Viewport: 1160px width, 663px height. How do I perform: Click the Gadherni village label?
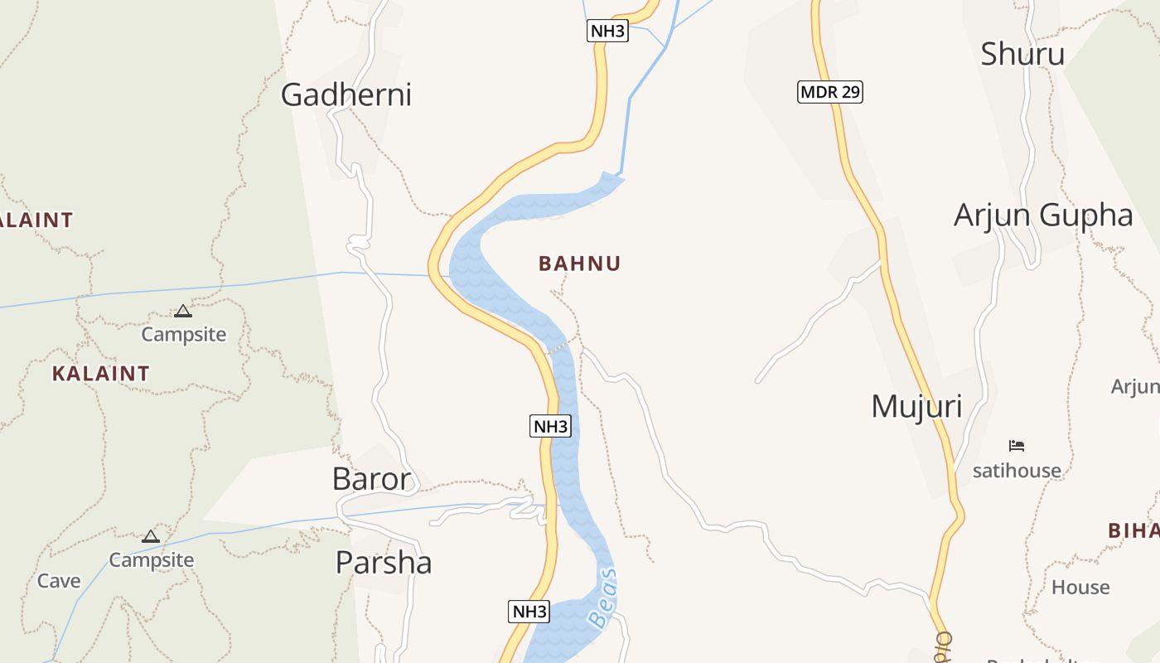[346, 94]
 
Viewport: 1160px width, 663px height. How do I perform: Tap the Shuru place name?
[1022, 54]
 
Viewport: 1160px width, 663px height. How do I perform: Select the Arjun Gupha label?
[1042, 215]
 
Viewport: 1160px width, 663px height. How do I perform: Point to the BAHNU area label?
[579, 264]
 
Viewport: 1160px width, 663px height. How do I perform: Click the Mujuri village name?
[916, 407]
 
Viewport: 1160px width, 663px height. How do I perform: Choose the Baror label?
[371, 479]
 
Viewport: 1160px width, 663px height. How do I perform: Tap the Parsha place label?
[383, 563]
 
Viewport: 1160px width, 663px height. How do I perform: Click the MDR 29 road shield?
[829, 92]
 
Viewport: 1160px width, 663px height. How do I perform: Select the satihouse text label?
[1017, 471]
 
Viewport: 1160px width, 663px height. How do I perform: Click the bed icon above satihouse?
[1017, 446]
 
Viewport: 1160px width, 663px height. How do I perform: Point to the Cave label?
[59, 581]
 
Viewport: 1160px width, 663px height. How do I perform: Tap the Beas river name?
[602, 598]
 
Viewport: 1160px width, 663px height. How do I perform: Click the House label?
[1080, 588]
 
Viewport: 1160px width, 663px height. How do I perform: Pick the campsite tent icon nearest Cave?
[150, 537]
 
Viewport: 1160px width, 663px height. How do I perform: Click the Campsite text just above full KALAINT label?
[183, 335]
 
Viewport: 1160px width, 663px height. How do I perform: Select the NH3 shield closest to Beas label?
[529, 612]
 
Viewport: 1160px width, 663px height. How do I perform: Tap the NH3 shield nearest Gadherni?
[607, 31]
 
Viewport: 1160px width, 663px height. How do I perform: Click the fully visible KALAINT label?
[100, 374]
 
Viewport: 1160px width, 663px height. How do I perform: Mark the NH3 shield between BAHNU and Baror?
[550, 427]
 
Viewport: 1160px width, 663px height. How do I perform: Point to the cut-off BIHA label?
[1133, 530]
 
